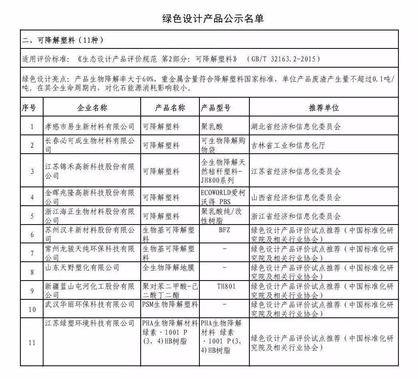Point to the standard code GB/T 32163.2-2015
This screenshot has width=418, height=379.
coord(285,59)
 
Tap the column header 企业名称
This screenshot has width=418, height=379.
coord(92,108)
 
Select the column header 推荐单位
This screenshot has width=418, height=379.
coord(323,108)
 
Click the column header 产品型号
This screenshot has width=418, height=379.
coord(216,108)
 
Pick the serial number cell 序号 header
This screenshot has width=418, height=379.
coord(29,108)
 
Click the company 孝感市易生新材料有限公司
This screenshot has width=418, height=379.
coord(90,127)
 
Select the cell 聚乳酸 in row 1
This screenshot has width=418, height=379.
coord(213,127)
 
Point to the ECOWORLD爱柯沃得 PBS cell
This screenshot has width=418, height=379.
coord(224,197)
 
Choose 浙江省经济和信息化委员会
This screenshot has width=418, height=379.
coord(296,217)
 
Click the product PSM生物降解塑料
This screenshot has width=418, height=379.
coord(170,305)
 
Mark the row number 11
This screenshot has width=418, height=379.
coord(32,342)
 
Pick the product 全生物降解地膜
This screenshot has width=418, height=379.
coord(167,267)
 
